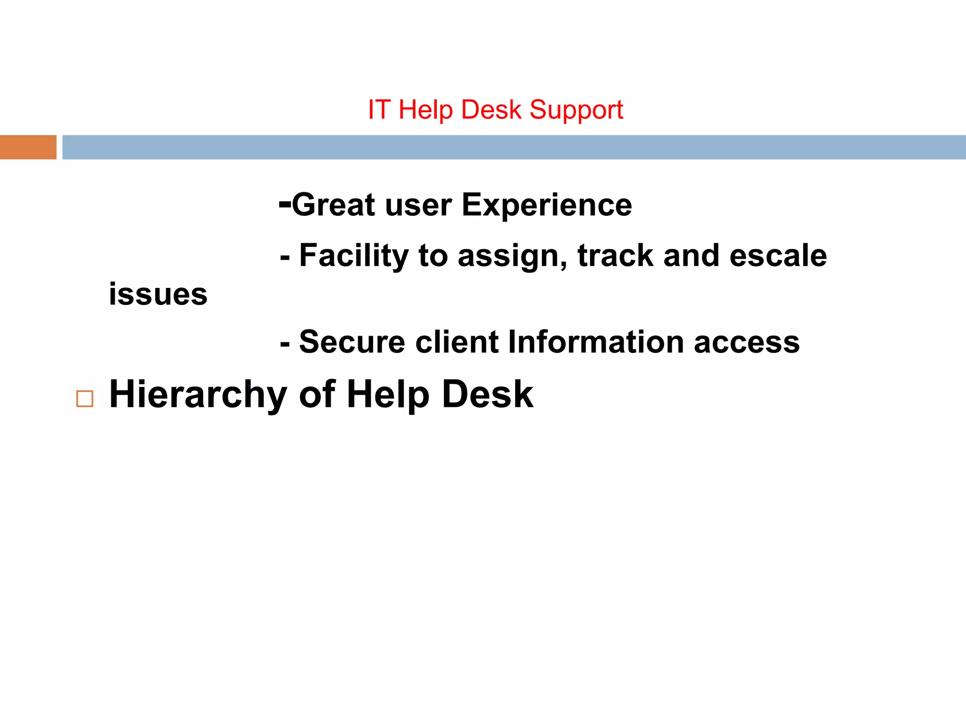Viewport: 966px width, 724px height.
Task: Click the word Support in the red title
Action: click(576, 111)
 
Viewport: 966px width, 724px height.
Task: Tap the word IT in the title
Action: click(379, 110)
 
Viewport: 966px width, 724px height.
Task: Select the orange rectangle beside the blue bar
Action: click(28, 147)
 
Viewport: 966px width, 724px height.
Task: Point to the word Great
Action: click(333, 205)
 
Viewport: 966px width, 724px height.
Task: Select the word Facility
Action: click(354, 256)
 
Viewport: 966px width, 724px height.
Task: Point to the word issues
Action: click(158, 295)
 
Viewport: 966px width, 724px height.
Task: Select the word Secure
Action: click(352, 342)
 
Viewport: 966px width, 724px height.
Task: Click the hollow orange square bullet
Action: click(85, 399)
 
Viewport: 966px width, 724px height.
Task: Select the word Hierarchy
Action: click(198, 395)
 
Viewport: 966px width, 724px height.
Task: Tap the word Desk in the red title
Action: click(491, 110)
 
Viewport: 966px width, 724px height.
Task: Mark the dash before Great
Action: click(285, 204)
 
